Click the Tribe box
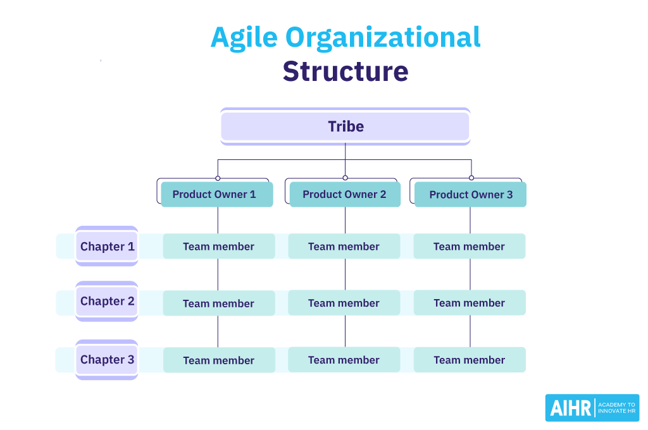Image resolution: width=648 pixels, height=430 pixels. (345, 126)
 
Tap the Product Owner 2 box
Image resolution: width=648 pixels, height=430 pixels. (344, 194)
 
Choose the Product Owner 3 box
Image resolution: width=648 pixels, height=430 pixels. (470, 195)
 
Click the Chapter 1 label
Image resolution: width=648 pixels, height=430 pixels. (107, 247)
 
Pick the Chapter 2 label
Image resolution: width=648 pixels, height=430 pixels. (107, 301)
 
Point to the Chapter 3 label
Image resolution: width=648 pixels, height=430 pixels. (107, 360)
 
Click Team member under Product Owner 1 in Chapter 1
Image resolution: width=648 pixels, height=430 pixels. (219, 247)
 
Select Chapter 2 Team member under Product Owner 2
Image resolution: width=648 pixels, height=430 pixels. (344, 303)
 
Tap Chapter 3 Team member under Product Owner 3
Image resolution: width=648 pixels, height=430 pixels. (470, 360)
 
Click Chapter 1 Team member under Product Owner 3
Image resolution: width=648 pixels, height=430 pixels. (470, 247)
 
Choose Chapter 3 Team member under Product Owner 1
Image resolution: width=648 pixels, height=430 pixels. (219, 360)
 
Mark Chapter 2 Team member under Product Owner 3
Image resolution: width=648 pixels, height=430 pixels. (470, 303)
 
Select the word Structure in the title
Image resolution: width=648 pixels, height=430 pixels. (346, 71)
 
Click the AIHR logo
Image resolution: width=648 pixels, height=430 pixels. (592, 408)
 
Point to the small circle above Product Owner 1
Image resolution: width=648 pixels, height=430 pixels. (218, 178)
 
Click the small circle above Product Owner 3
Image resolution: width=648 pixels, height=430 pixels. (471, 178)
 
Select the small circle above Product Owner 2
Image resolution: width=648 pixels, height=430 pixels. (345, 178)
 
